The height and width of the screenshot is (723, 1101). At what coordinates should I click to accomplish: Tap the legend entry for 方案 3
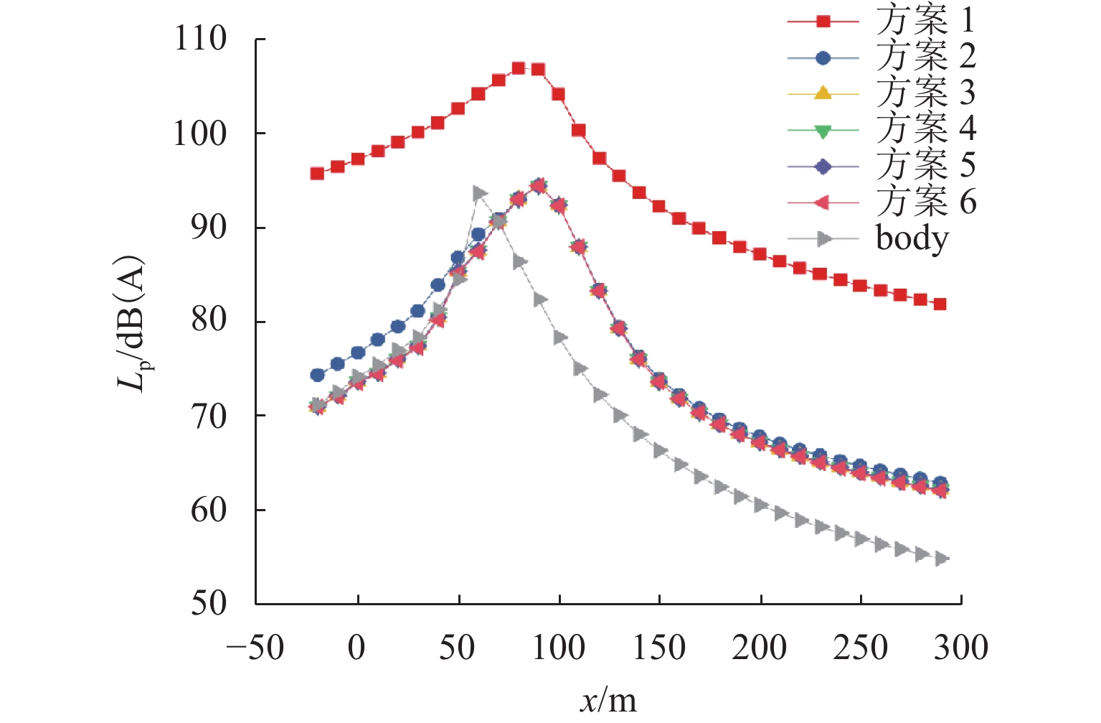coord(925,93)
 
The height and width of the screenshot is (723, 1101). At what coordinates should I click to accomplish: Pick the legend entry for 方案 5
coord(925,166)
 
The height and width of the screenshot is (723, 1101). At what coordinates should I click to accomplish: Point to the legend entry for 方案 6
coord(925,202)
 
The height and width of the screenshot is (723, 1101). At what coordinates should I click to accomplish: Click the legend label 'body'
coord(912,238)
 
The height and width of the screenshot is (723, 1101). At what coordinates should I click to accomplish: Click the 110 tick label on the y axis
coord(200,39)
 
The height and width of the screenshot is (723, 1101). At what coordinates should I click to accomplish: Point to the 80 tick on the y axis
coord(209,322)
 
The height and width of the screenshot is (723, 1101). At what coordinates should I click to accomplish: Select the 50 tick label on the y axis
coord(209,604)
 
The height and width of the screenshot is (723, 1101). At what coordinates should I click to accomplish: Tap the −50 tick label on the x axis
coord(255,648)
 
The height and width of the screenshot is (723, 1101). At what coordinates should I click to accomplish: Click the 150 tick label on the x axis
coord(659,648)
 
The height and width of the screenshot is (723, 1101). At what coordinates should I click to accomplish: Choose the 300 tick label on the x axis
coord(961,648)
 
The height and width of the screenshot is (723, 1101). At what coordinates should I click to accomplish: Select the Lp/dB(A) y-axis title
coord(132,323)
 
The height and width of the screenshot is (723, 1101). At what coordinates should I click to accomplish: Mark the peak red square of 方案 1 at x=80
coord(519,68)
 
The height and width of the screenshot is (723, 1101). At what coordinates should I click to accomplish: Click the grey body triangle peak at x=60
coord(479,193)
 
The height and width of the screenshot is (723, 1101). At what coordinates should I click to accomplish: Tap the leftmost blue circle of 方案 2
coord(317,375)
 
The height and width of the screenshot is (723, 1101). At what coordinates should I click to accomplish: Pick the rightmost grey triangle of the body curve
coord(941,559)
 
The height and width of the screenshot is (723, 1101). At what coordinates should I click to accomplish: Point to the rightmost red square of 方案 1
coord(940,304)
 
